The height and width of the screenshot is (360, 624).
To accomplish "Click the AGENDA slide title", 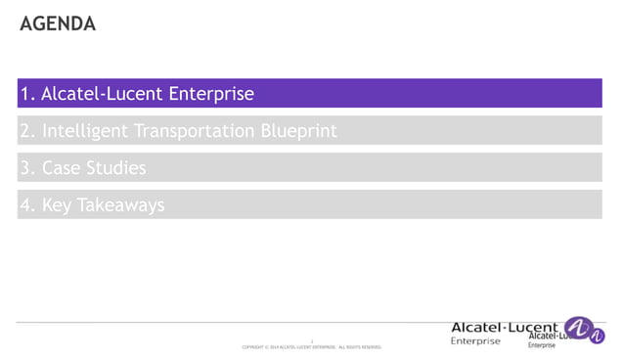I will click(58, 23).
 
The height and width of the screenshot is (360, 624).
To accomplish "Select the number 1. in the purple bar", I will click(27, 95).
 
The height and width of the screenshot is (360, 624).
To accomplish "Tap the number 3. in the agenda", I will click(27, 168).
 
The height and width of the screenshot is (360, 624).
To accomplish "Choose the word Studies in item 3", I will click(116, 168).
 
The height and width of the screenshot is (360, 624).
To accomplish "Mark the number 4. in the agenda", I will click(27, 205).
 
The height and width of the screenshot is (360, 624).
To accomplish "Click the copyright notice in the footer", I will click(310, 347).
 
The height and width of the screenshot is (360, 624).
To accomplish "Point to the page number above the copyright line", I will click(311, 339).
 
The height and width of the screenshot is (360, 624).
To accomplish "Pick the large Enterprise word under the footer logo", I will click(475, 341).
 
